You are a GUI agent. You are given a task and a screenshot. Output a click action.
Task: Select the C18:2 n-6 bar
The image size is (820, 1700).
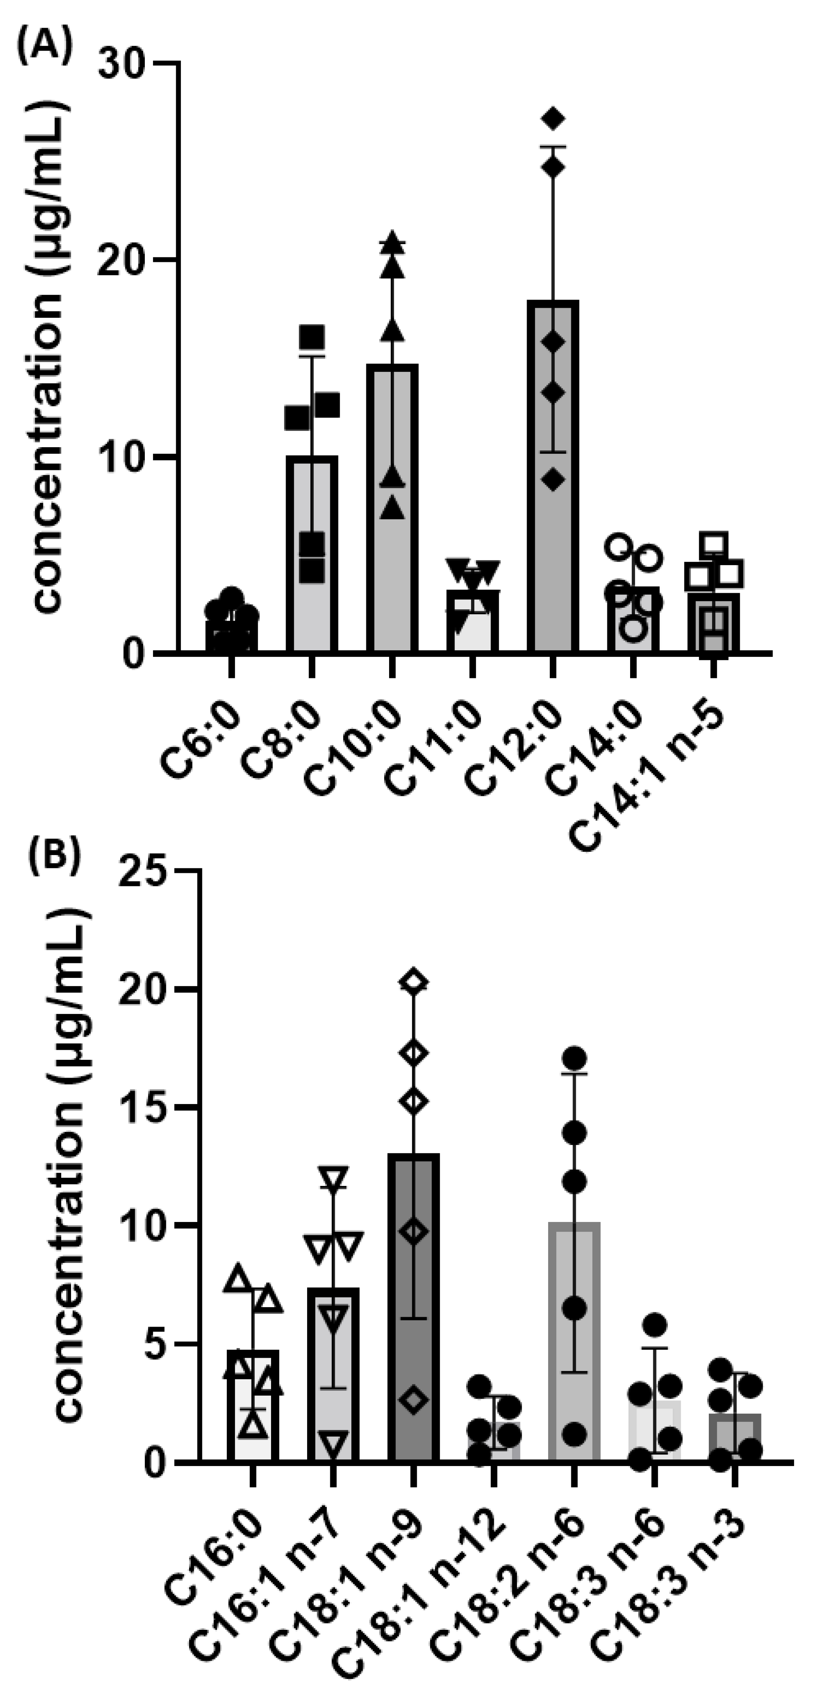click(x=574, y=1359)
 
